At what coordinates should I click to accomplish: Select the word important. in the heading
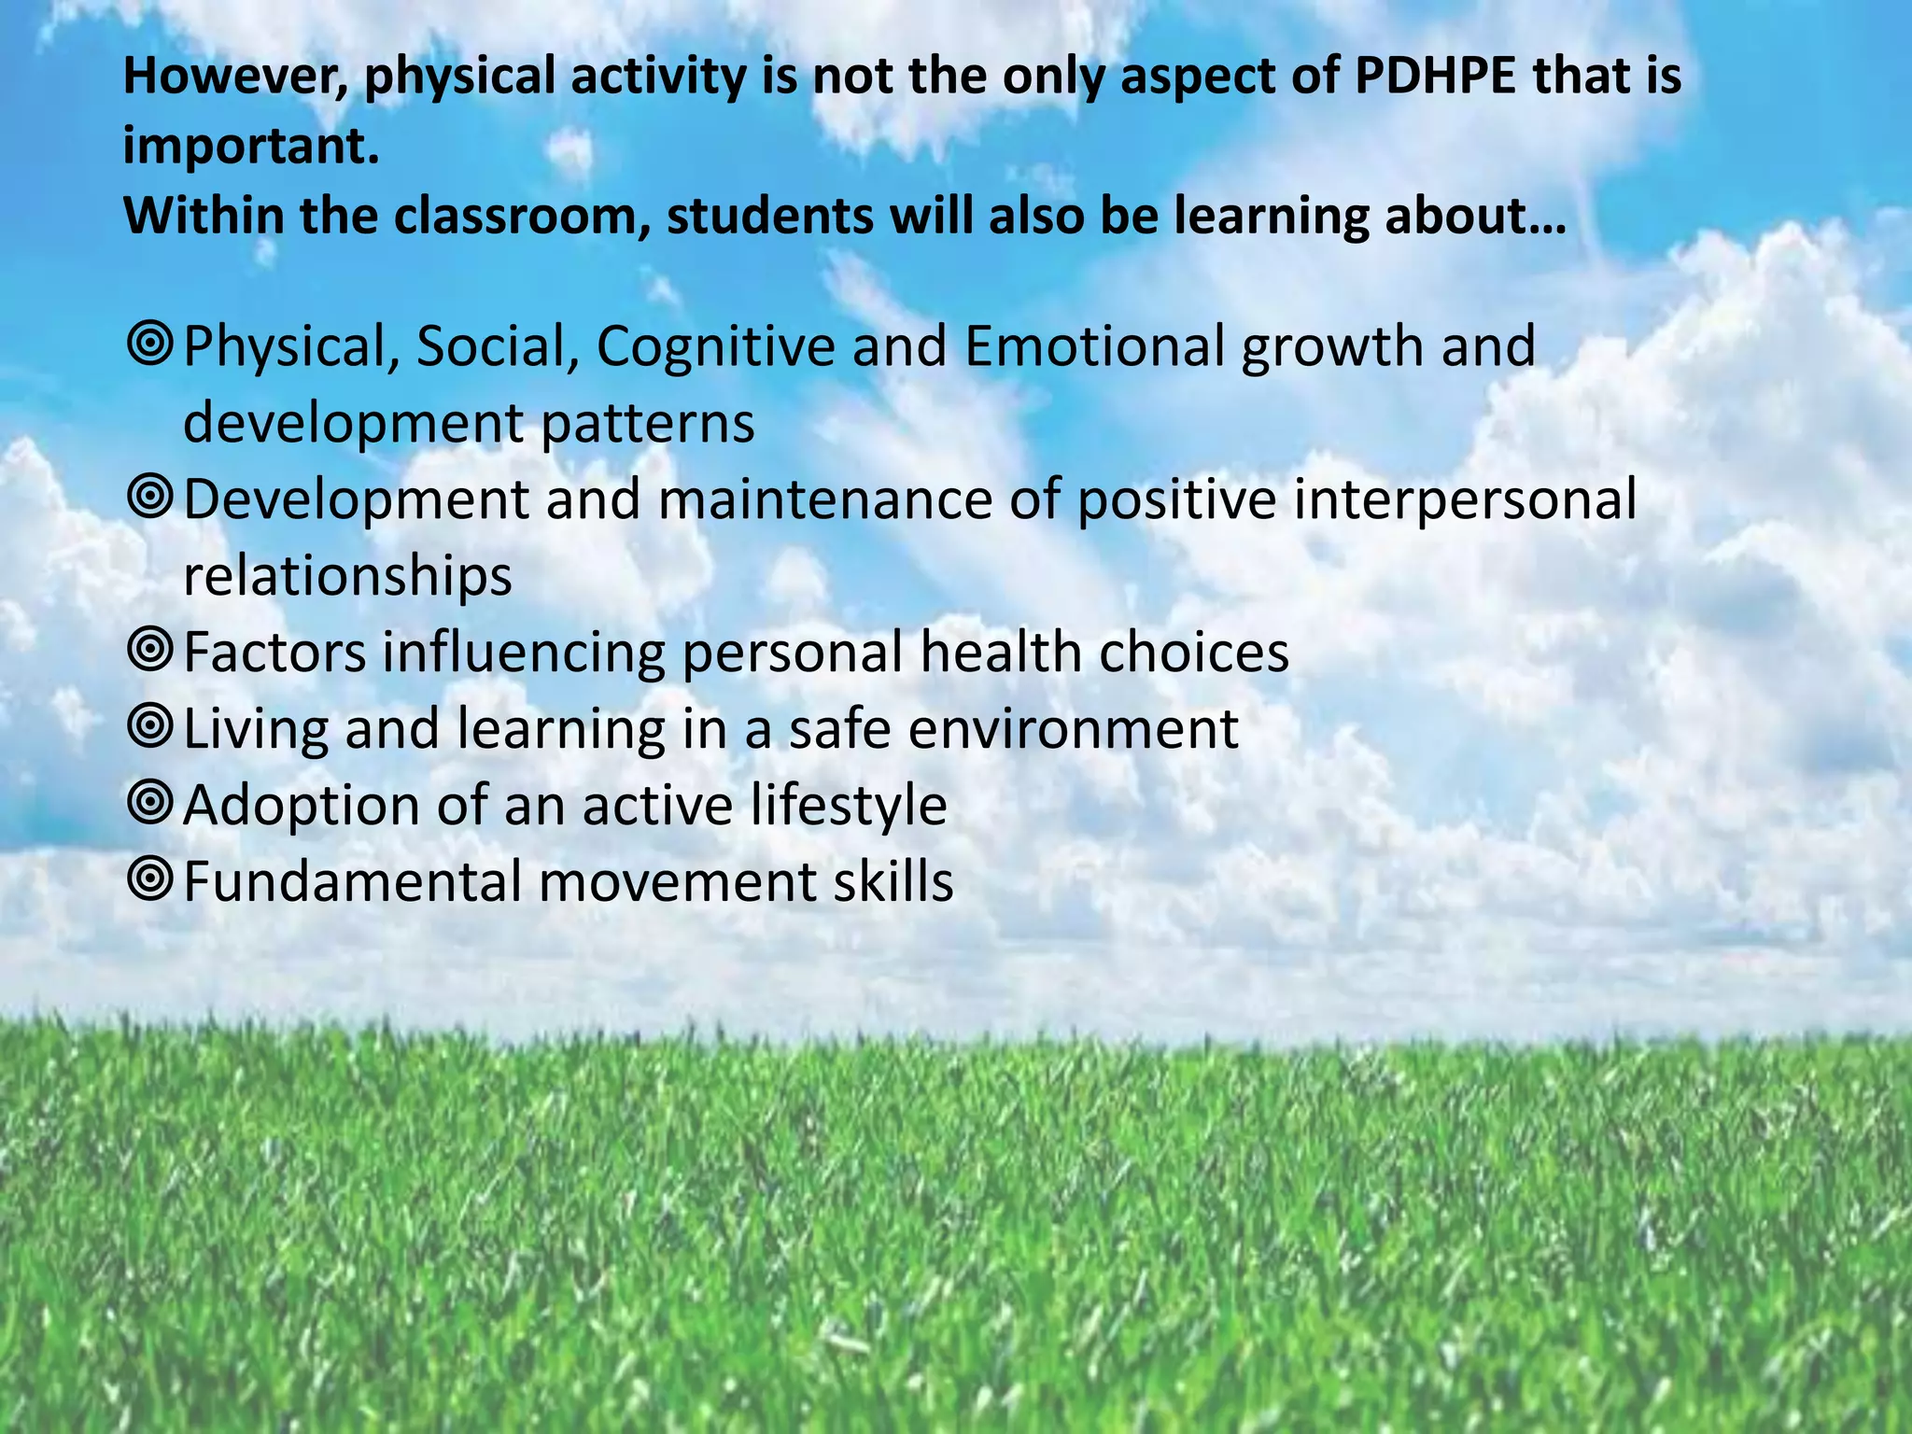pyautogui.click(x=251, y=147)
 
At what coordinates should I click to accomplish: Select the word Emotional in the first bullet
pyautogui.click(x=1093, y=346)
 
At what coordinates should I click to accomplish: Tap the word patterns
pyautogui.click(x=647, y=423)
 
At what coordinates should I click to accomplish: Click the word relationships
pyautogui.click(x=347, y=576)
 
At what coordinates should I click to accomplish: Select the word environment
pyautogui.click(x=1073, y=729)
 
